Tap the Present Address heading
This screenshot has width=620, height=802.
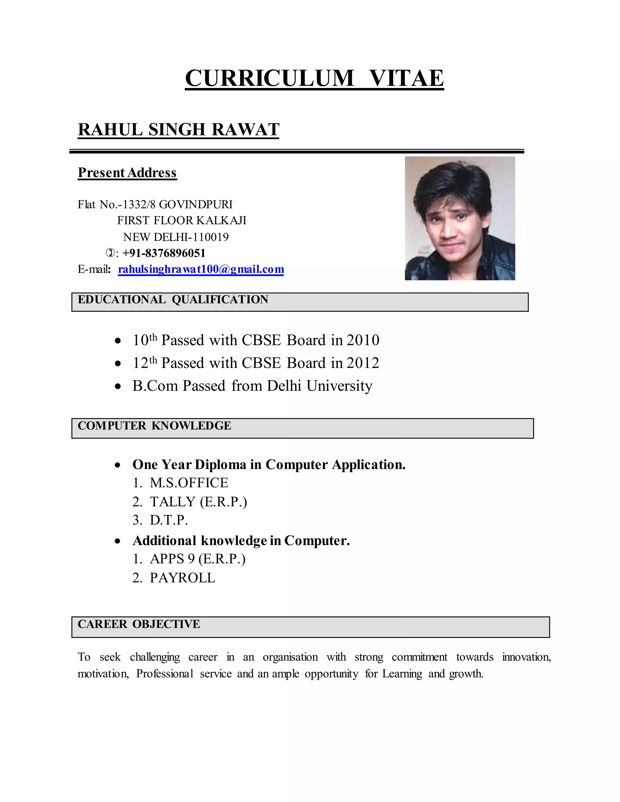[127, 173]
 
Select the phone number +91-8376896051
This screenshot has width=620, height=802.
[164, 253]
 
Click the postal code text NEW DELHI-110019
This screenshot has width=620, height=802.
[176, 237]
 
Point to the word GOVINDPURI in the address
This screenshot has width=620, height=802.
[196, 204]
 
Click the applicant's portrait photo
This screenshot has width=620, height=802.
[460, 218]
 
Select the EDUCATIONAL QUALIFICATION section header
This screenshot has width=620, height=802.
[173, 300]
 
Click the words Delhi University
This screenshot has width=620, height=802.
[320, 386]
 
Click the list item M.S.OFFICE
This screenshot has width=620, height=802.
[189, 482]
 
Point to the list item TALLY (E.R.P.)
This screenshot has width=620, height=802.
[198, 501]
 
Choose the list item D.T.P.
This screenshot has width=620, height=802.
[169, 520]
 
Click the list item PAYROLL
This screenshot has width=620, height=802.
[183, 578]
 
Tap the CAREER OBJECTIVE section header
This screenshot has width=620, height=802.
[139, 624]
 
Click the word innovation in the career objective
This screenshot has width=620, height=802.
[526, 657]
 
